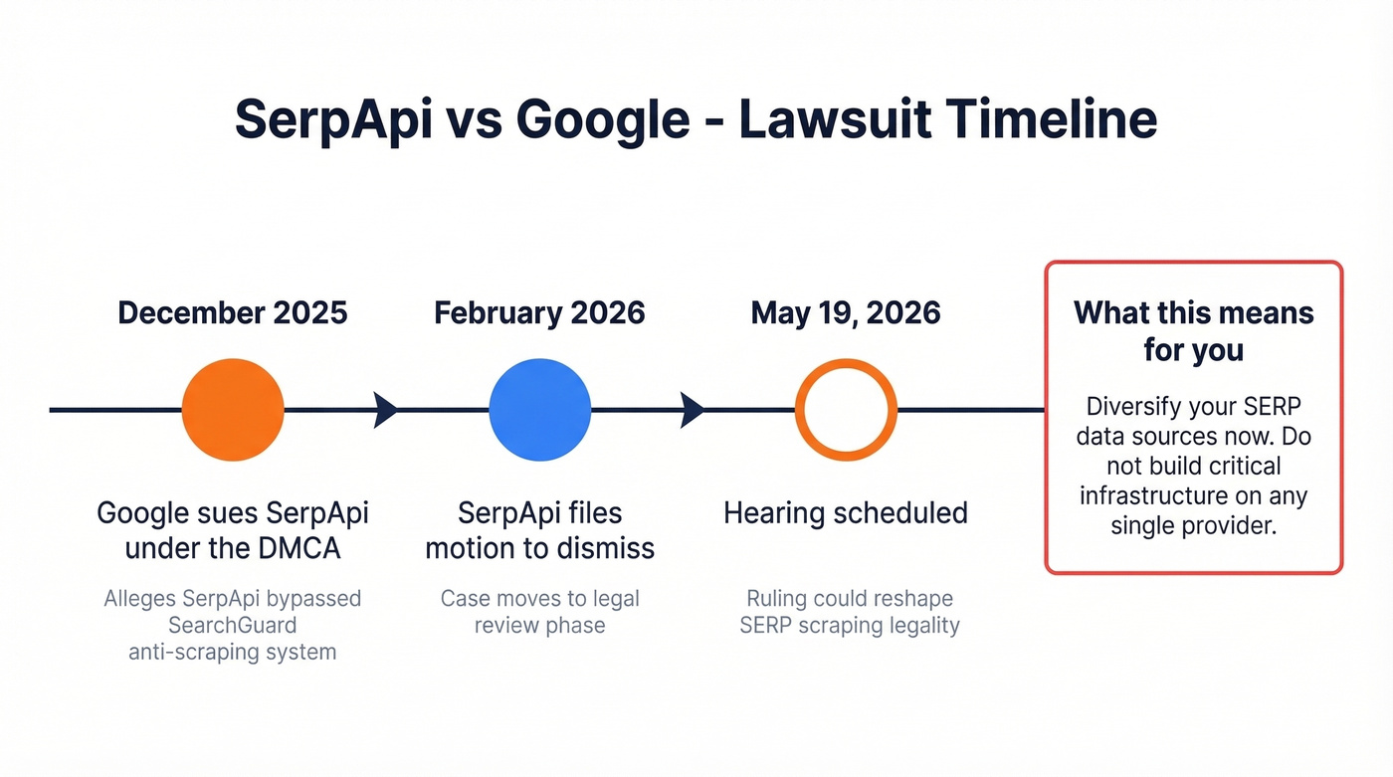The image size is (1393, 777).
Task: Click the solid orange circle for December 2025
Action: [x=233, y=410]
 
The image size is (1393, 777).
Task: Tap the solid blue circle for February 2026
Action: [x=539, y=410]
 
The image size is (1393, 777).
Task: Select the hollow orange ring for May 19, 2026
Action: [x=846, y=410]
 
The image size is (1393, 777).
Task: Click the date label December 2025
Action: [x=233, y=312]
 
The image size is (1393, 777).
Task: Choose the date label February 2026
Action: [x=539, y=312]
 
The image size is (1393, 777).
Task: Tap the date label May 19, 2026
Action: [x=846, y=312]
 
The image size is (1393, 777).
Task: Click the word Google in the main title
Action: [x=604, y=119]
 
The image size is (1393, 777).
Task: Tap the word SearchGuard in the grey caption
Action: [x=233, y=626]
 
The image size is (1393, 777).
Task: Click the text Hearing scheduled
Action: [x=846, y=513]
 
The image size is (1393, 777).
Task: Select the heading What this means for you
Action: [x=1193, y=331]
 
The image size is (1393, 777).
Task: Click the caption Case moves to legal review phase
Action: [x=539, y=612]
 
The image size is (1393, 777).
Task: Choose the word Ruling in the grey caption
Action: [x=777, y=599]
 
